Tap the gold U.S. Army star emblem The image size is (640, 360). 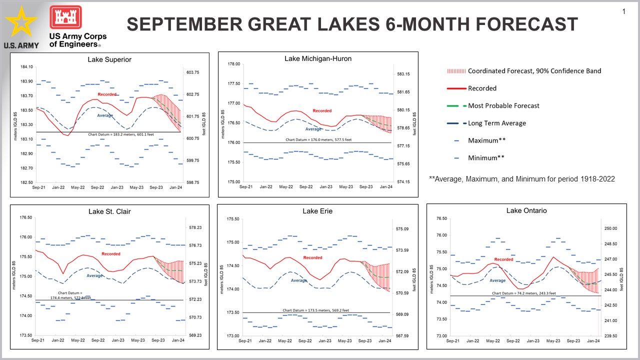21,23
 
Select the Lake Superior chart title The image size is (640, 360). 109,59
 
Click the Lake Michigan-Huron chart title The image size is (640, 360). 318,58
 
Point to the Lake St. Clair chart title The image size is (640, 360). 109,211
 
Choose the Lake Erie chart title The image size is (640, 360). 317,211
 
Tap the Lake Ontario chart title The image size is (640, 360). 526,210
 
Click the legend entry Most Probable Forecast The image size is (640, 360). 503,105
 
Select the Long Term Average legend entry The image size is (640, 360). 496,123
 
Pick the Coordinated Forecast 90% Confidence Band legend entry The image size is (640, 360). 534,71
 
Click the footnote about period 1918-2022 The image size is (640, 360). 522,178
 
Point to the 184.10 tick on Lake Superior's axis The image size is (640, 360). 26,67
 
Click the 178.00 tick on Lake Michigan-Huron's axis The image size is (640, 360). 234,64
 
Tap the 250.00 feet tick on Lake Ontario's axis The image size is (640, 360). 611,228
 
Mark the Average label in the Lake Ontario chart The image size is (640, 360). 497,280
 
